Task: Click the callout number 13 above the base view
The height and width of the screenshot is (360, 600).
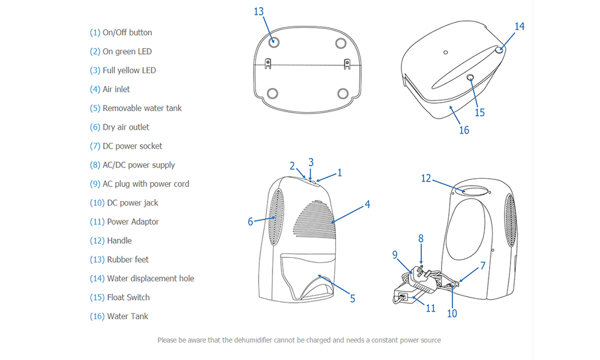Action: pyautogui.click(x=259, y=12)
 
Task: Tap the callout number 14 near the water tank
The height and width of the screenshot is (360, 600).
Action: pyautogui.click(x=520, y=26)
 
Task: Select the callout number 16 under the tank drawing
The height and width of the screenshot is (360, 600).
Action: pyautogui.click(x=464, y=130)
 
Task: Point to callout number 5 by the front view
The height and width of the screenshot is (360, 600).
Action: pyautogui.click(x=352, y=298)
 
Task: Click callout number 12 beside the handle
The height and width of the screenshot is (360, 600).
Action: pyautogui.click(x=426, y=178)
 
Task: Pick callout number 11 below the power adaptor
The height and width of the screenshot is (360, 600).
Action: pyautogui.click(x=430, y=309)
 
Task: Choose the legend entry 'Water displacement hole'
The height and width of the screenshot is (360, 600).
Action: pyautogui.click(x=150, y=278)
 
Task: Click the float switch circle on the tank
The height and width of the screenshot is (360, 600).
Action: pyautogui.click(x=470, y=77)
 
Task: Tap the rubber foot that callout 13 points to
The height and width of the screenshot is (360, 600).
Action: pyautogui.click(x=274, y=43)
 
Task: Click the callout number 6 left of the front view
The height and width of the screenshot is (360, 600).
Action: pyautogui.click(x=251, y=221)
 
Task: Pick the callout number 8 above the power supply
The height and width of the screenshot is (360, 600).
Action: pyautogui.click(x=421, y=238)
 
